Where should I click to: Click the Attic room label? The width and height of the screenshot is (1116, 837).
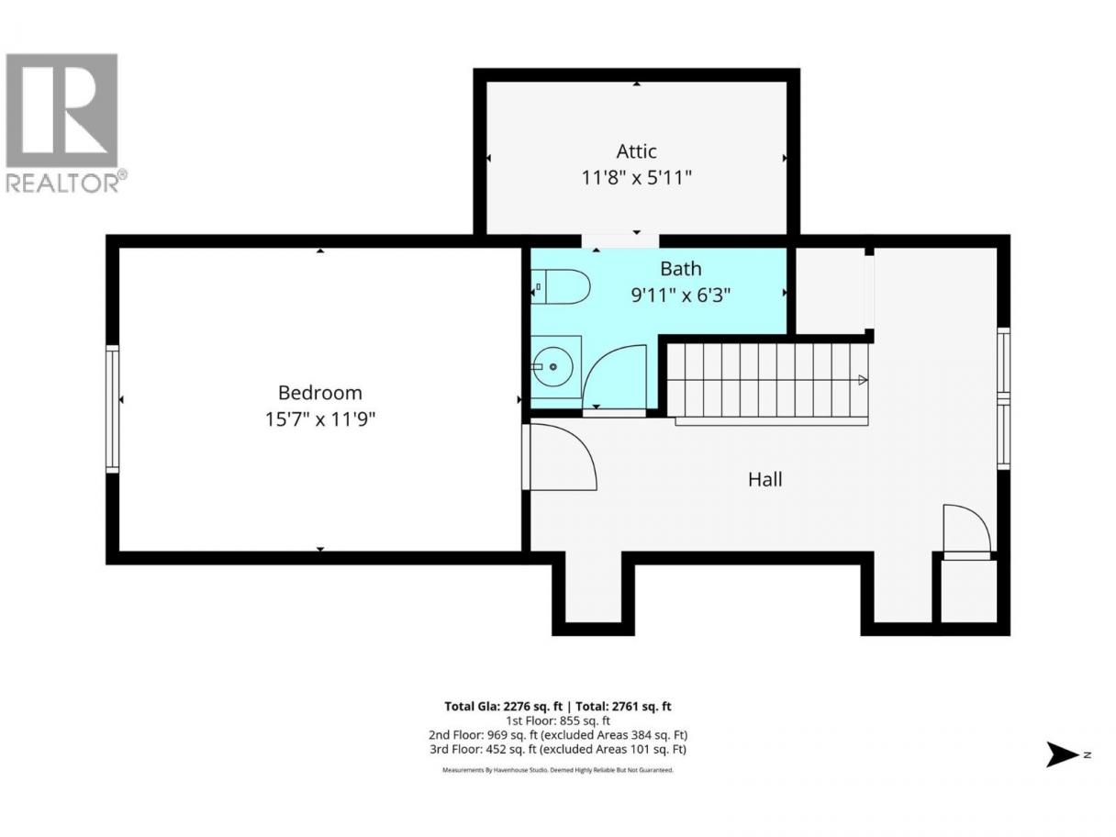click(636, 151)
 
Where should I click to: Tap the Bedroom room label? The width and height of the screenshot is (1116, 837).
click(319, 392)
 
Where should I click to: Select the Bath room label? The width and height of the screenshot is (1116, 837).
click(680, 268)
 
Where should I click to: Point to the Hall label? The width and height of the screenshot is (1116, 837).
click(764, 479)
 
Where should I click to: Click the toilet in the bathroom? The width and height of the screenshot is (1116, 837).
click(561, 286)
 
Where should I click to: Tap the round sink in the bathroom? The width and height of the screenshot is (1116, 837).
click(553, 366)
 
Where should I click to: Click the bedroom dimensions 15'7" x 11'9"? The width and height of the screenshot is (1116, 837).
click(319, 419)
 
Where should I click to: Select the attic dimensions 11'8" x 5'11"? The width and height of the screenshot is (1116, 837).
click(636, 178)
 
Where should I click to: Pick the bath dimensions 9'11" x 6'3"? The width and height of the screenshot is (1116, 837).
click(680, 295)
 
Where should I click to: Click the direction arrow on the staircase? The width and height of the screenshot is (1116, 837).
click(863, 379)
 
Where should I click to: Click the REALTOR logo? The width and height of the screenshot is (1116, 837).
click(64, 123)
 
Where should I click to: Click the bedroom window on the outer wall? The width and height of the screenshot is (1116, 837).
click(112, 409)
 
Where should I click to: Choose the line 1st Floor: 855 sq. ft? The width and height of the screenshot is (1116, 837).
click(558, 720)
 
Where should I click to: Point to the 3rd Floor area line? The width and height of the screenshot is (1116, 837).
click(558, 749)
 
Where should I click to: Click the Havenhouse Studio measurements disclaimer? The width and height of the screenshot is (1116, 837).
click(558, 770)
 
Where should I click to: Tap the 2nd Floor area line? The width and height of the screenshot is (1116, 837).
click(558, 735)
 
